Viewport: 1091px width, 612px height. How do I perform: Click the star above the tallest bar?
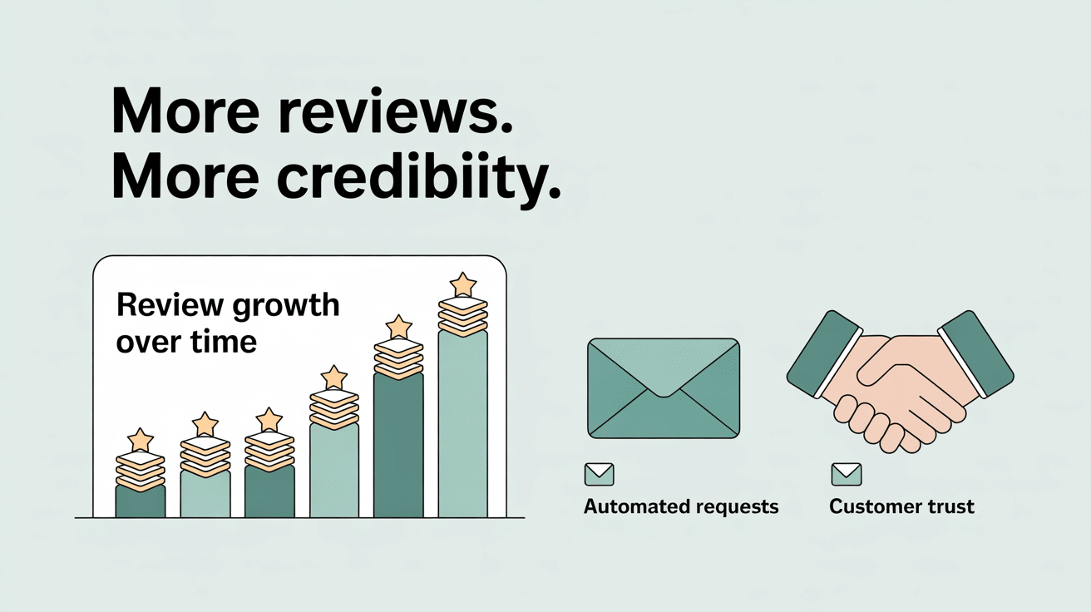(x=463, y=284)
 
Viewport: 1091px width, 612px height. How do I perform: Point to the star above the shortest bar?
(x=141, y=439)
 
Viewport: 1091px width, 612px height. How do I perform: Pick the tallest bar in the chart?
(x=463, y=424)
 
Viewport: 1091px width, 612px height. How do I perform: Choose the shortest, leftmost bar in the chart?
(x=141, y=501)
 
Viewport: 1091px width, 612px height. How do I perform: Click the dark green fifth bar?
(x=398, y=445)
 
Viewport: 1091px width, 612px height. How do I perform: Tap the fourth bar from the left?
(x=334, y=470)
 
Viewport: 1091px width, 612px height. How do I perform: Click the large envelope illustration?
(x=663, y=387)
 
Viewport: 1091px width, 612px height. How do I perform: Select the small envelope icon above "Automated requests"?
(x=599, y=475)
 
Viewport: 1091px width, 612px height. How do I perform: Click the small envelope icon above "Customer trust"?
(x=847, y=475)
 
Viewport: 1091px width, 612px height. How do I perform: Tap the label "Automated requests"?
(x=681, y=506)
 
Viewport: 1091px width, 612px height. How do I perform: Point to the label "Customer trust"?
(x=901, y=506)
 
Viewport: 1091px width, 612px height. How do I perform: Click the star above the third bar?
(x=269, y=419)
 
